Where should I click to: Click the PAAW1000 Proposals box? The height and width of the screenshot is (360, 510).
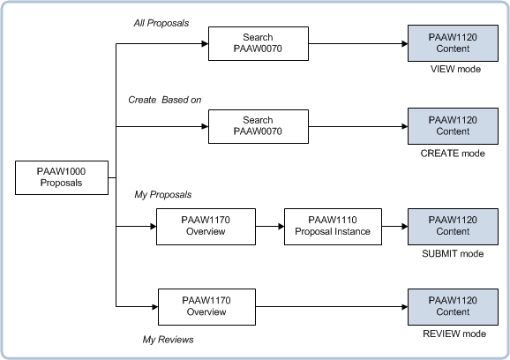[x=61, y=176]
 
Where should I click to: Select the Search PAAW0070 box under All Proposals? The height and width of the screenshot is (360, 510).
[x=258, y=44]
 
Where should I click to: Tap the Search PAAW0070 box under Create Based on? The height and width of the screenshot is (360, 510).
[x=258, y=126]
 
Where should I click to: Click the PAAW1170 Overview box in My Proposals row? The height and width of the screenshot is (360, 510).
[x=206, y=226]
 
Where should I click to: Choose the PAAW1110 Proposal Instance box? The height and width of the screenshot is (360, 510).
[x=333, y=226]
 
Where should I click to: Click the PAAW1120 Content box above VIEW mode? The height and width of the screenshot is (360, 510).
[x=454, y=44]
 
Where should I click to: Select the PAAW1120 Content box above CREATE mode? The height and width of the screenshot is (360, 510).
[x=454, y=126]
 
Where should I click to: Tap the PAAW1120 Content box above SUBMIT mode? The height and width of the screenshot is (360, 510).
[x=454, y=226]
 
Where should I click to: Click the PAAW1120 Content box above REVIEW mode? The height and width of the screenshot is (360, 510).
[x=454, y=306]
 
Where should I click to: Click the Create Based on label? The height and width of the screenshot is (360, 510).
[x=165, y=100]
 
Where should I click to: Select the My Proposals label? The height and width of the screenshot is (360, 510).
[x=163, y=194]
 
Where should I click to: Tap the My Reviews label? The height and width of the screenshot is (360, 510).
[x=168, y=339]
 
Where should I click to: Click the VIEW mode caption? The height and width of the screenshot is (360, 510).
[x=454, y=70]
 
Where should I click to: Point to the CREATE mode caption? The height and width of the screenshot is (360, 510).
[x=454, y=153]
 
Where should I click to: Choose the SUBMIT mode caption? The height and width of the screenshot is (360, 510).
[x=454, y=253]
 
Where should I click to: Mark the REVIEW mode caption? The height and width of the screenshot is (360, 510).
[x=454, y=334]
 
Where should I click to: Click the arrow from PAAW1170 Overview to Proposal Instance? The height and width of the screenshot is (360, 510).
[x=270, y=227]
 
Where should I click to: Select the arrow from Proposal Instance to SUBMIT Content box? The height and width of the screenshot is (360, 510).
[x=394, y=227]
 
